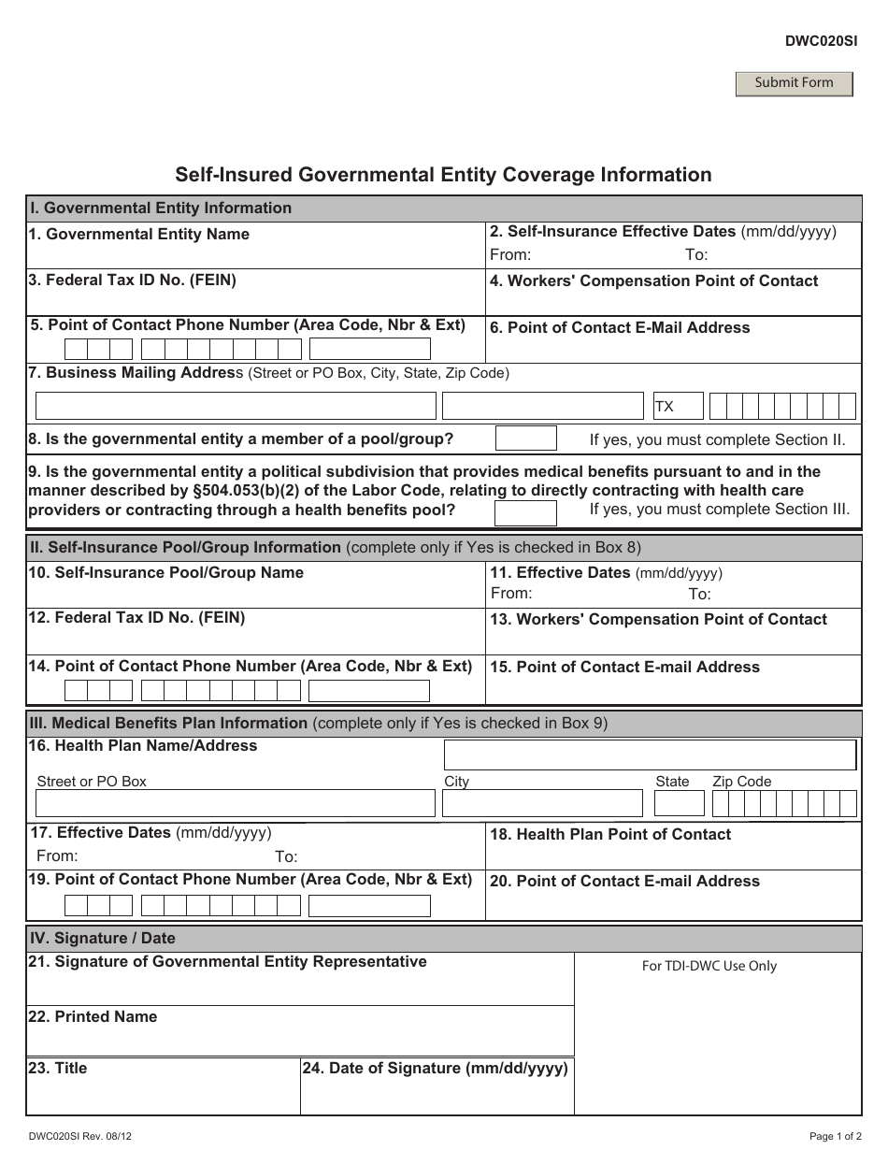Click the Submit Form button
(794, 83)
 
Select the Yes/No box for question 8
(525, 438)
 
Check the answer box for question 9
(525, 512)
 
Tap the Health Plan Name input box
(650, 755)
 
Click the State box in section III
(679, 803)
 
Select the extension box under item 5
(369, 350)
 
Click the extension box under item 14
(369, 691)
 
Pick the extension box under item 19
(369, 905)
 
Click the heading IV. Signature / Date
(103, 938)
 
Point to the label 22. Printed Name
(93, 1016)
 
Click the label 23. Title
(58, 1068)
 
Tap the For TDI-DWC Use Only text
(709, 966)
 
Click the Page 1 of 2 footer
(835, 1136)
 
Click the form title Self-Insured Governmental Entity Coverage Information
(443, 175)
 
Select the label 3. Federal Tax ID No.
(132, 280)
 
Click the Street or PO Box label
(92, 782)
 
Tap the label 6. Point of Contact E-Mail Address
(620, 327)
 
